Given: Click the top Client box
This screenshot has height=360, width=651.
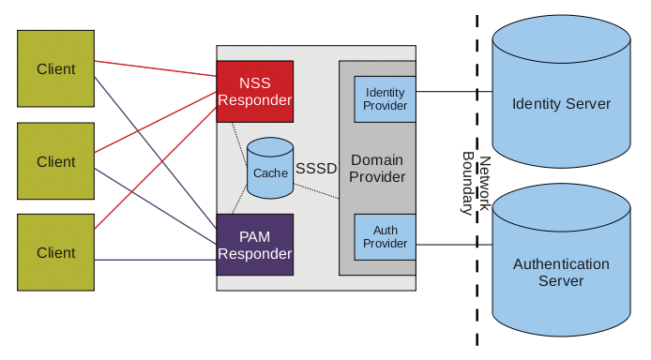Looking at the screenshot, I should coord(55,68).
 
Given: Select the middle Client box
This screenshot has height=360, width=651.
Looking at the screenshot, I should coord(55,161).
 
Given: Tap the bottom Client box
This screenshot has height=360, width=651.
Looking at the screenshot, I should coord(55,252).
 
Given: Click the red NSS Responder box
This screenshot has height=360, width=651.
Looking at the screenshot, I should coord(255,91).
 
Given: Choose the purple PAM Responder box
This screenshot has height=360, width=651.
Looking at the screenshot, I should coord(255,244).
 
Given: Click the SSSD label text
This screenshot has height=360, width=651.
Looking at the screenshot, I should coord(316,169).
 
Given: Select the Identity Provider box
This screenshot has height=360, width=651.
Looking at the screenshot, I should coord(386,99).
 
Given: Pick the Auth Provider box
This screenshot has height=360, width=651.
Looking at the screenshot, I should coord(386,236).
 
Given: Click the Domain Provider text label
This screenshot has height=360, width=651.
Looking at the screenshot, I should coord(377,169).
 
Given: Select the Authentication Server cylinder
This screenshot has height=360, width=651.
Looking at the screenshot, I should coord(561,272).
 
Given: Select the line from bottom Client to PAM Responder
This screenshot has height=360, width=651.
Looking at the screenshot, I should coord(155,260).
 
